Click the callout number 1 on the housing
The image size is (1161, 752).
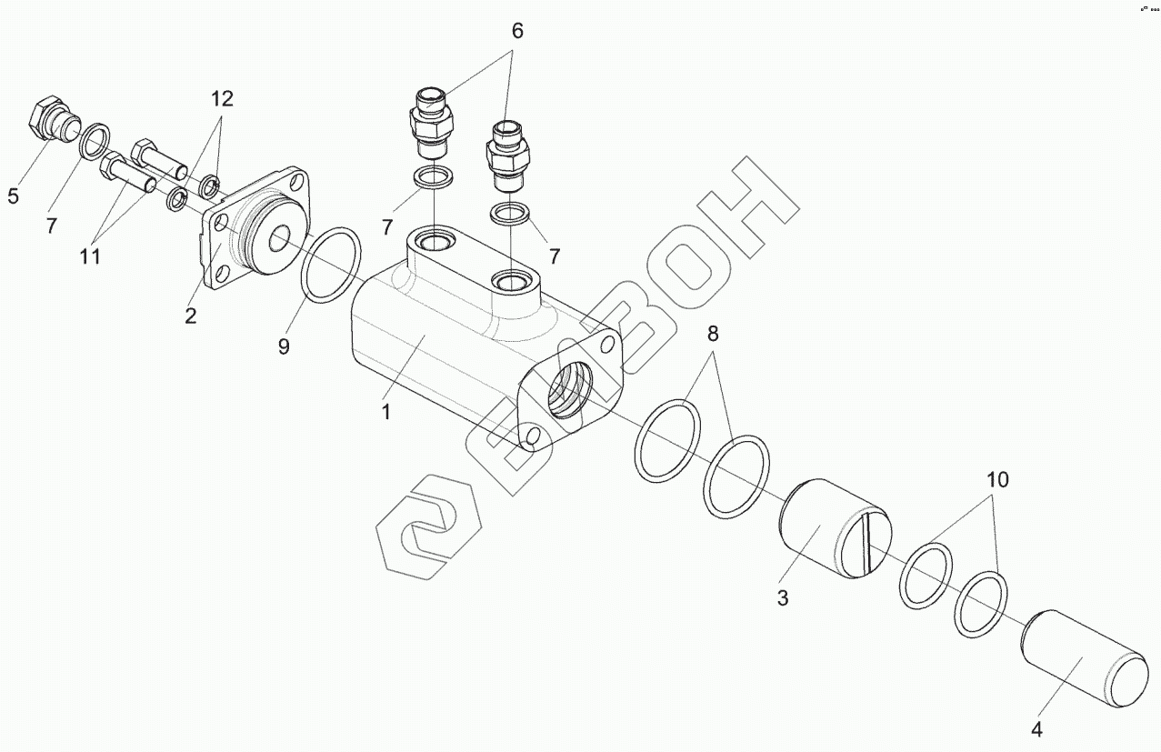(x=385, y=412)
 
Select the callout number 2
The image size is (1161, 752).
(x=190, y=316)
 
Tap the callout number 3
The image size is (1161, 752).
(x=782, y=597)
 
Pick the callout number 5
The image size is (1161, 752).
(x=13, y=196)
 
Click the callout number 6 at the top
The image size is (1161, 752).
(x=517, y=30)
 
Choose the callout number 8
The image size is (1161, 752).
(x=714, y=334)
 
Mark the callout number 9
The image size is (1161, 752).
(x=284, y=346)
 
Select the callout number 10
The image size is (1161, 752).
(x=997, y=480)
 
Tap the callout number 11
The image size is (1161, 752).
(x=89, y=256)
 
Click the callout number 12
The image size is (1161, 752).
(x=223, y=98)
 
